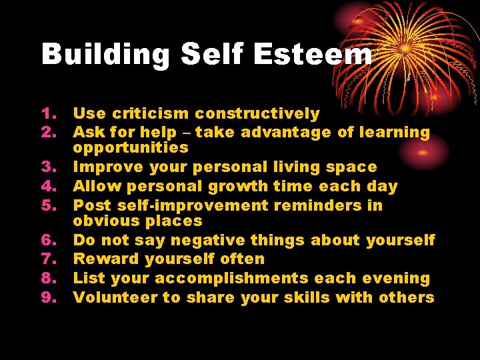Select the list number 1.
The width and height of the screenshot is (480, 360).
(x=51, y=115)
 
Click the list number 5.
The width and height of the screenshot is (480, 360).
(x=51, y=206)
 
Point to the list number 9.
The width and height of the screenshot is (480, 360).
(x=51, y=297)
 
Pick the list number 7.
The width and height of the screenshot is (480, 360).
(x=51, y=259)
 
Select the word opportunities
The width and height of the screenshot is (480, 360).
(x=131, y=148)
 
